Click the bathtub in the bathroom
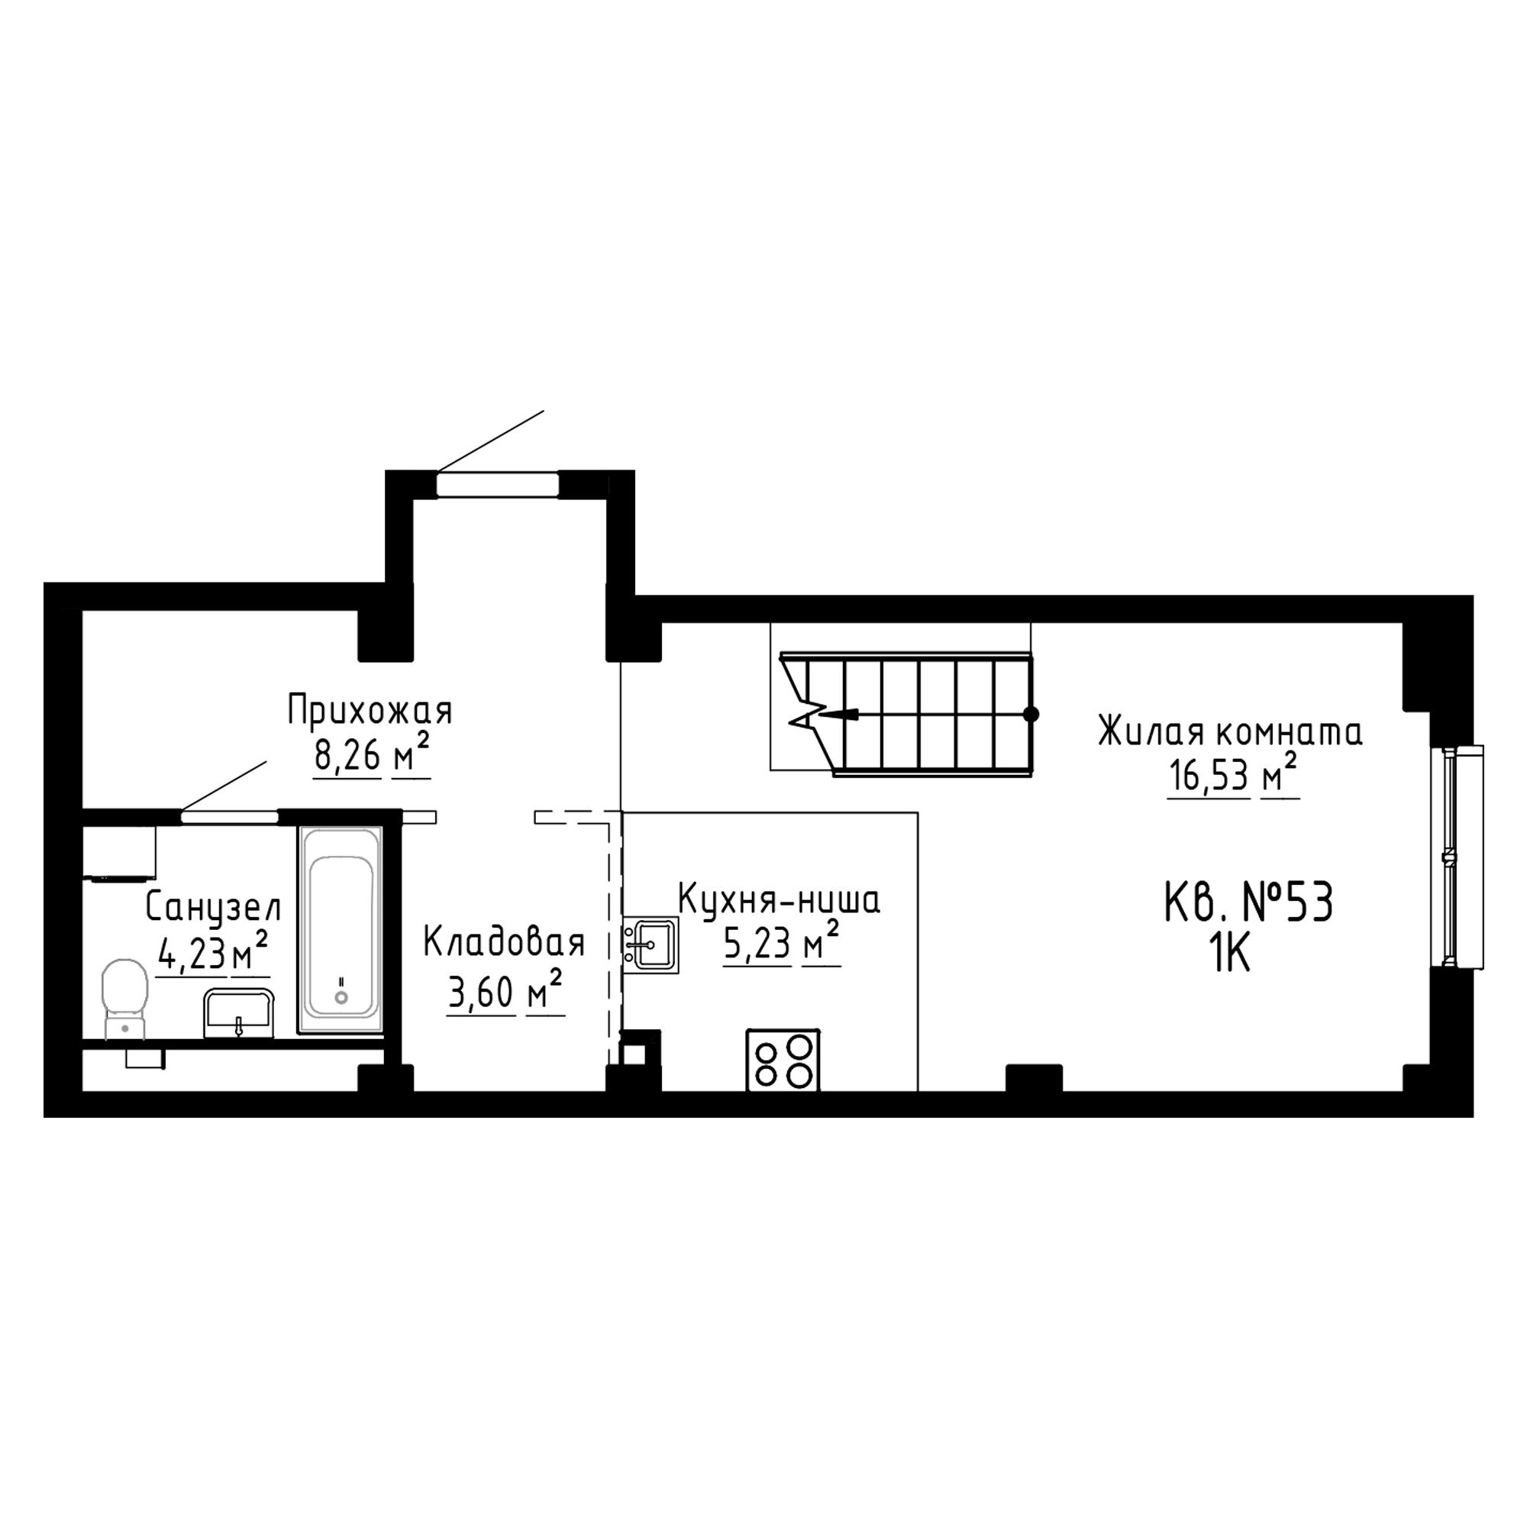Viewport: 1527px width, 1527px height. (341, 928)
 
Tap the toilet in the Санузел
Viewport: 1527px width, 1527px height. (125, 998)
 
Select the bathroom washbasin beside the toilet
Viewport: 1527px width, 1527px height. (239, 1013)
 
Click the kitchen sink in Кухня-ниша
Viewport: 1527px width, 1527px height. (651, 944)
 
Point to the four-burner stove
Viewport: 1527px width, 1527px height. (783, 1060)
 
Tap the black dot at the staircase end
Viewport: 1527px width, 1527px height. (1031, 715)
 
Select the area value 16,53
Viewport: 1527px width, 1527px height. (1209, 777)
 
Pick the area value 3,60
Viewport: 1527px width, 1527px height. (481, 993)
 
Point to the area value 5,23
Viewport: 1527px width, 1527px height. (757, 944)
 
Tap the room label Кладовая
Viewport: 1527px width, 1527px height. (504, 943)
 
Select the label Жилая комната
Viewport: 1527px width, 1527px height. (1231, 732)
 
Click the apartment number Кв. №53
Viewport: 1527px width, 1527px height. (1250, 902)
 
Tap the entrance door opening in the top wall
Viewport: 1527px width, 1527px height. (498, 484)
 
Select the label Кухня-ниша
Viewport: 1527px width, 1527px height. (780, 900)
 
